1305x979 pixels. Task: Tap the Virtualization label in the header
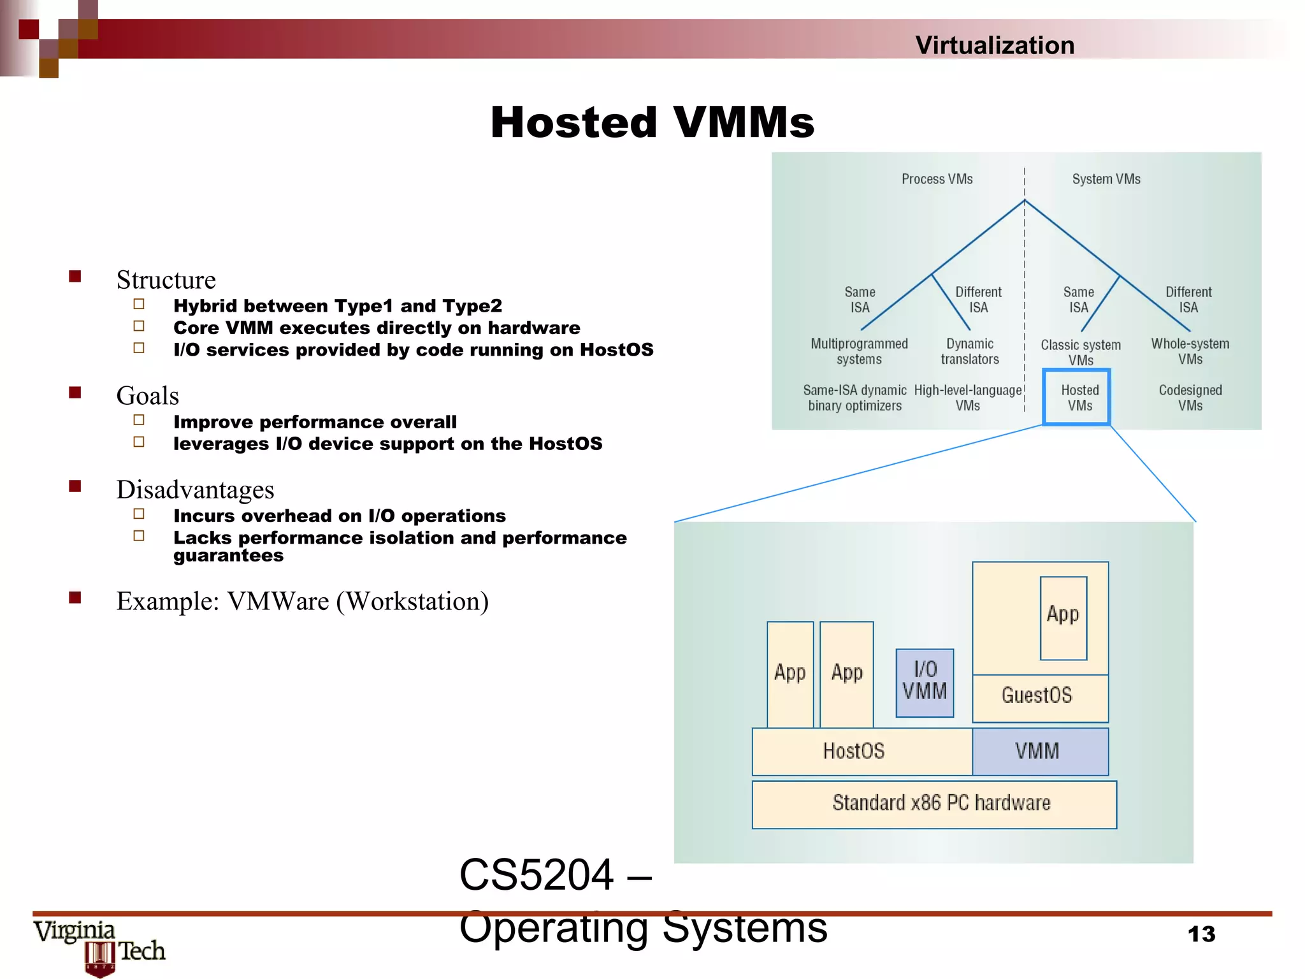click(x=994, y=45)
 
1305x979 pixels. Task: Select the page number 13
click(x=1201, y=934)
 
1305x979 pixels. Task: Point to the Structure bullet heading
click(x=166, y=280)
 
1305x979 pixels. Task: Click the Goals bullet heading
click(x=147, y=396)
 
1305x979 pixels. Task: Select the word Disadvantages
click(x=195, y=489)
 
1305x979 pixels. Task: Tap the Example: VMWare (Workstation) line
click(x=302, y=601)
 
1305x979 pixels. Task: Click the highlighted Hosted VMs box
click(x=1076, y=397)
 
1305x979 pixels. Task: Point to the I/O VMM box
click(x=925, y=683)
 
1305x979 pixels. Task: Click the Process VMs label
click(x=937, y=179)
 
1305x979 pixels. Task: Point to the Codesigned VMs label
click(x=1190, y=398)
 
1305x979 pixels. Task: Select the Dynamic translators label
click(x=969, y=351)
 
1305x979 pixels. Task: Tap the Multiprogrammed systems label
click(x=859, y=351)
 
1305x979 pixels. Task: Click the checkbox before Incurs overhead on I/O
click(x=139, y=514)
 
